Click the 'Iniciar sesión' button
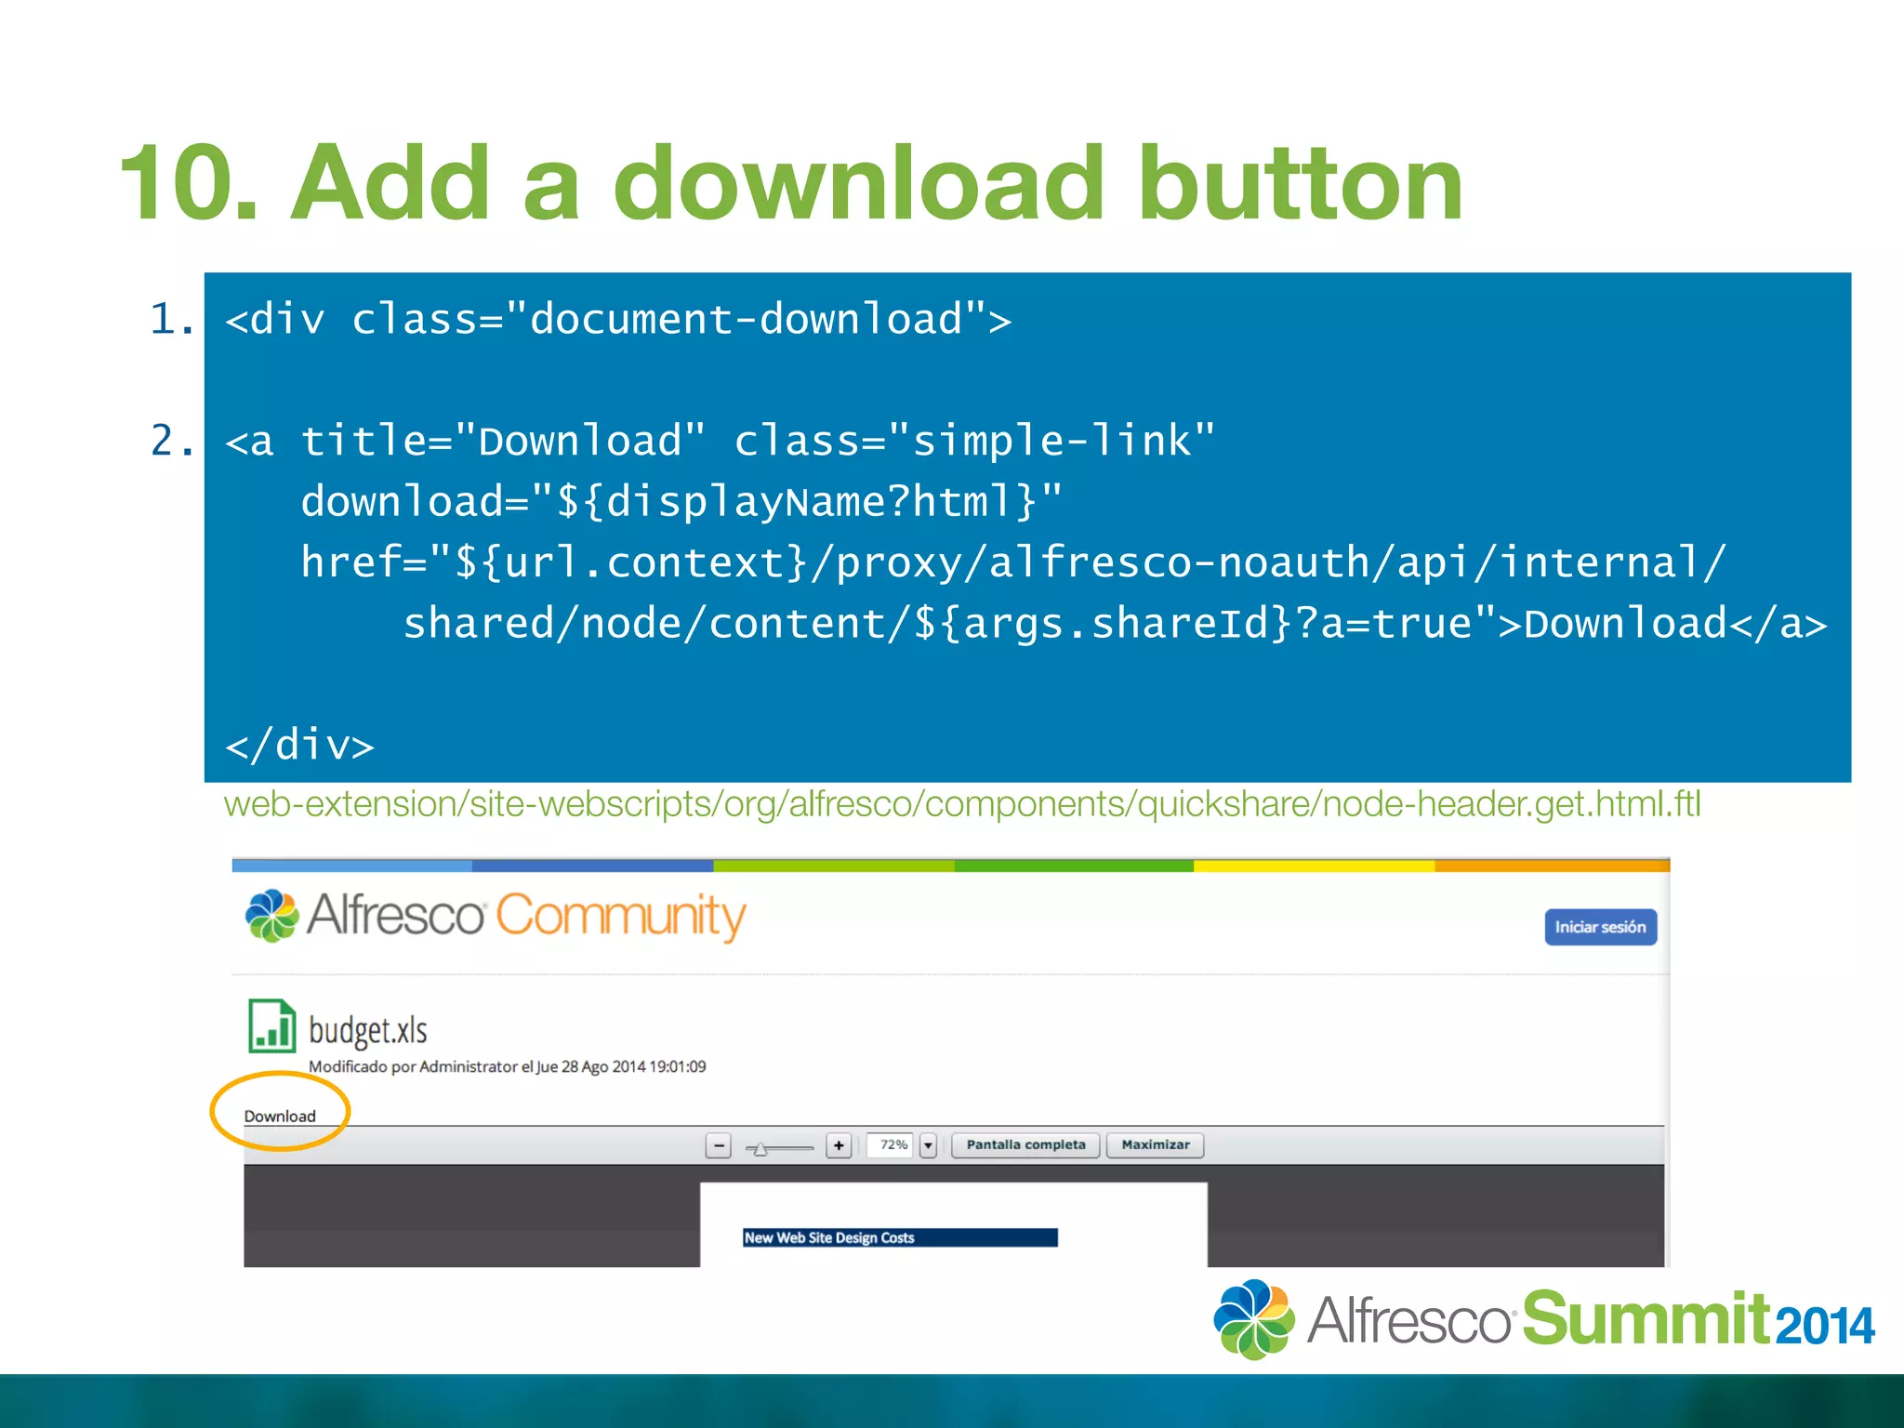1600,927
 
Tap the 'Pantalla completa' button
1025,1144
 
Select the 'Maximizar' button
1155,1144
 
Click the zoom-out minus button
719,1145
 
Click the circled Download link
280,1116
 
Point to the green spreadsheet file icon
271,1025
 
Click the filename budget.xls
368,1030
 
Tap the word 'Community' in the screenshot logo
620,916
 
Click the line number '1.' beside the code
172,319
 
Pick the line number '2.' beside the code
172,440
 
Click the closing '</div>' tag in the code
299,745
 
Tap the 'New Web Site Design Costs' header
829,1237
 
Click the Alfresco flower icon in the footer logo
1253,1318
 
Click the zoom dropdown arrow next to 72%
928,1145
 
